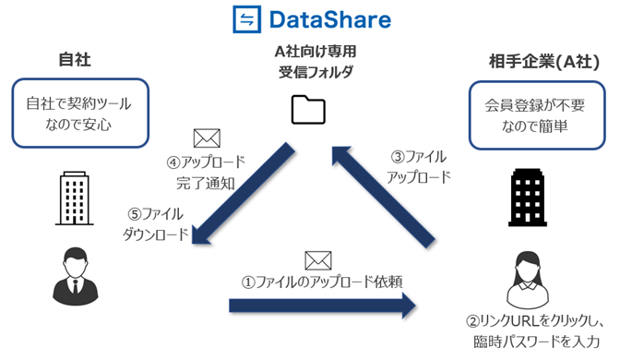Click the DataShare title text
(329, 19)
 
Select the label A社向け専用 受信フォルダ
(310, 62)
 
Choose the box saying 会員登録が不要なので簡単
(539, 114)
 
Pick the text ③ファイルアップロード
(416, 166)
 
